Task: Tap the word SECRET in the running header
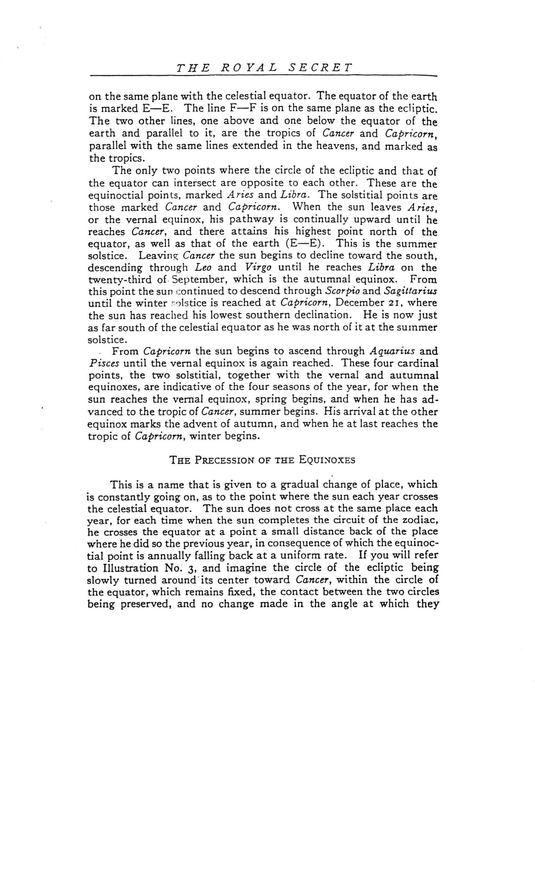click(320, 68)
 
